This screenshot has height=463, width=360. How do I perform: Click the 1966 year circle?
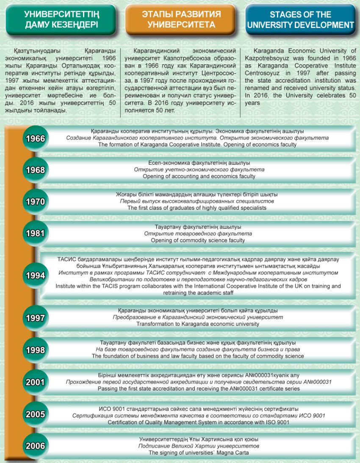[36, 139]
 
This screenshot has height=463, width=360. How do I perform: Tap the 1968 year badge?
[36, 170]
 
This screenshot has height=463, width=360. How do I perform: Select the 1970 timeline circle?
[36, 202]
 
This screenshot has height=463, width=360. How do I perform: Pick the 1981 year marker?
[36, 233]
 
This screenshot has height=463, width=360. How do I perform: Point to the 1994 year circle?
[36, 276]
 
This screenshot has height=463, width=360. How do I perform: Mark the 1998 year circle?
[36, 350]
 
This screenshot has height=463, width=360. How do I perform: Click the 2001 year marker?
[36, 382]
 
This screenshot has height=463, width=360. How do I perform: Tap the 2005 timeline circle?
[36, 414]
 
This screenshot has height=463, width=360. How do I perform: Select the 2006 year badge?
[36, 446]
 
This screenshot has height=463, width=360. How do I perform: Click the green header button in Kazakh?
[61, 19]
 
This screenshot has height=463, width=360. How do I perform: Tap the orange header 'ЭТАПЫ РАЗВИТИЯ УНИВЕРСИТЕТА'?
[181, 19]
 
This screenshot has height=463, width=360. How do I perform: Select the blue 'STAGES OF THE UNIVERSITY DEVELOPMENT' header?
[300, 19]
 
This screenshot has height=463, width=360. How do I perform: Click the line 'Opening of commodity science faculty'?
[198, 240]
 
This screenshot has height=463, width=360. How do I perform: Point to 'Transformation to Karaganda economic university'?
[198, 324]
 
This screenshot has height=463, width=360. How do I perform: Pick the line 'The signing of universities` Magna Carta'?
[198, 453]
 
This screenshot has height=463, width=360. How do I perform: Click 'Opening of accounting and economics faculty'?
[199, 176]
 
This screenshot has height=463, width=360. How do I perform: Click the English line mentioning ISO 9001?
[199, 422]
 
